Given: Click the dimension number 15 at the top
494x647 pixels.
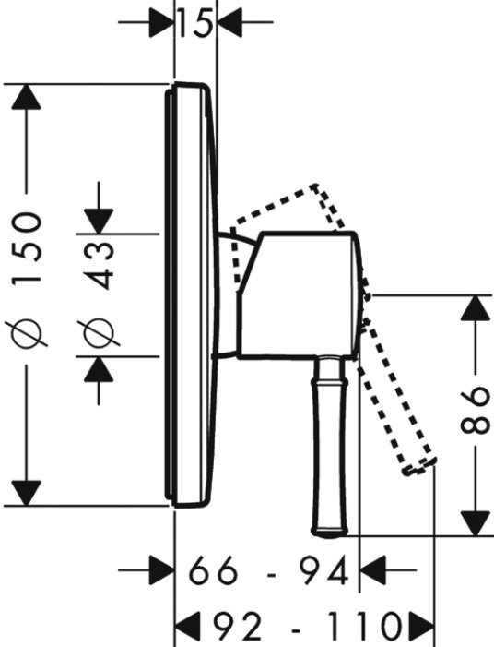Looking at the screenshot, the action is pyautogui.click(x=196, y=23).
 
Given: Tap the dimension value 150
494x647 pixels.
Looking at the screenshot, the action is pyautogui.click(x=27, y=246).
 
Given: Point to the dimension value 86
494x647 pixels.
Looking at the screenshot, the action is pyautogui.click(x=475, y=411).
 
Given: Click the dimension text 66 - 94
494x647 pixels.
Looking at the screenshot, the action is pyautogui.click(x=268, y=571).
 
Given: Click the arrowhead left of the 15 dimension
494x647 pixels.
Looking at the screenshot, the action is pyautogui.click(x=162, y=22).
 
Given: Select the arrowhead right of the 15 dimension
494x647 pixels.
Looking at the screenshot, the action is pyautogui.click(x=229, y=22).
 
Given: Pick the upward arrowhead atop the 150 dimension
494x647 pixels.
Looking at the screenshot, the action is pyautogui.click(x=27, y=97).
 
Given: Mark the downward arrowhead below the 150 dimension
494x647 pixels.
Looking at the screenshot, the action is pyautogui.click(x=27, y=493).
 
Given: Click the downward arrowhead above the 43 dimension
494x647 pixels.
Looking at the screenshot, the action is pyautogui.click(x=99, y=222).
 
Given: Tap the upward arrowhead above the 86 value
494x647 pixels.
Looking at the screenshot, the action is pyautogui.click(x=476, y=307).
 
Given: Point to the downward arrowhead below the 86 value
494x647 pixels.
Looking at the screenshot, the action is pyautogui.click(x=476, y=523).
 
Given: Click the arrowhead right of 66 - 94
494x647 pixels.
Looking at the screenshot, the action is pyautogui.click(x=373, y=570).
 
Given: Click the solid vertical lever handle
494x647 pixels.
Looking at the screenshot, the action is pyautogui.click(x=331, y=447).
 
